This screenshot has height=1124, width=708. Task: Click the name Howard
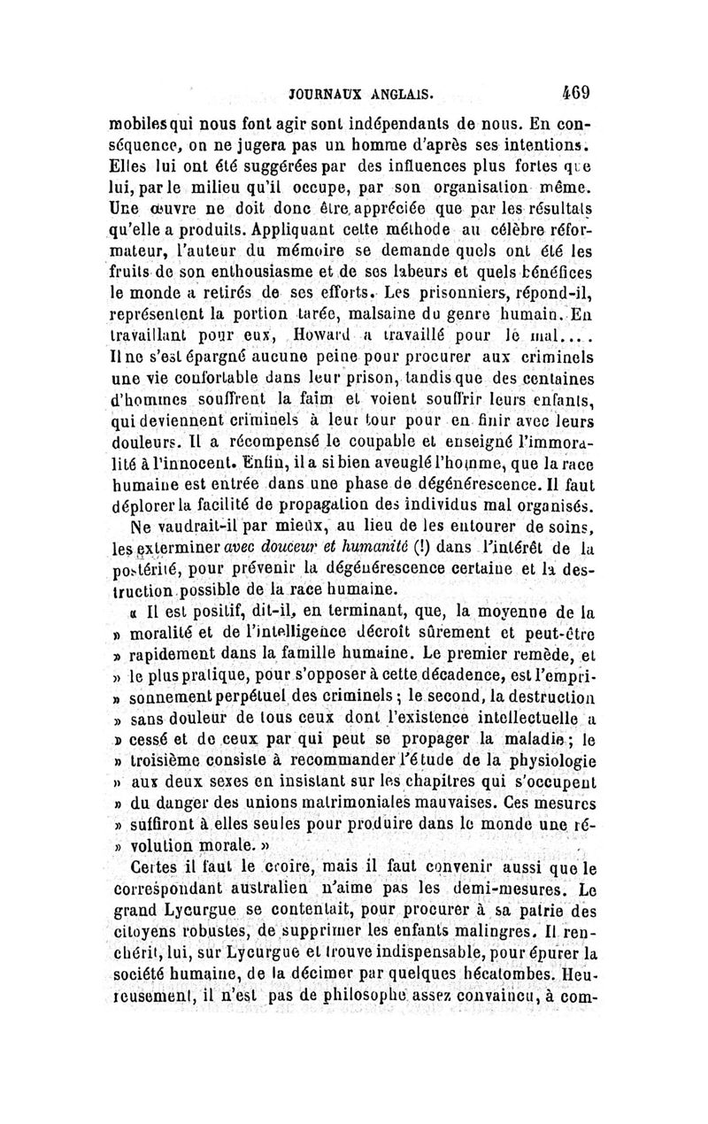pyautogui.click(x=313, y=337)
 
